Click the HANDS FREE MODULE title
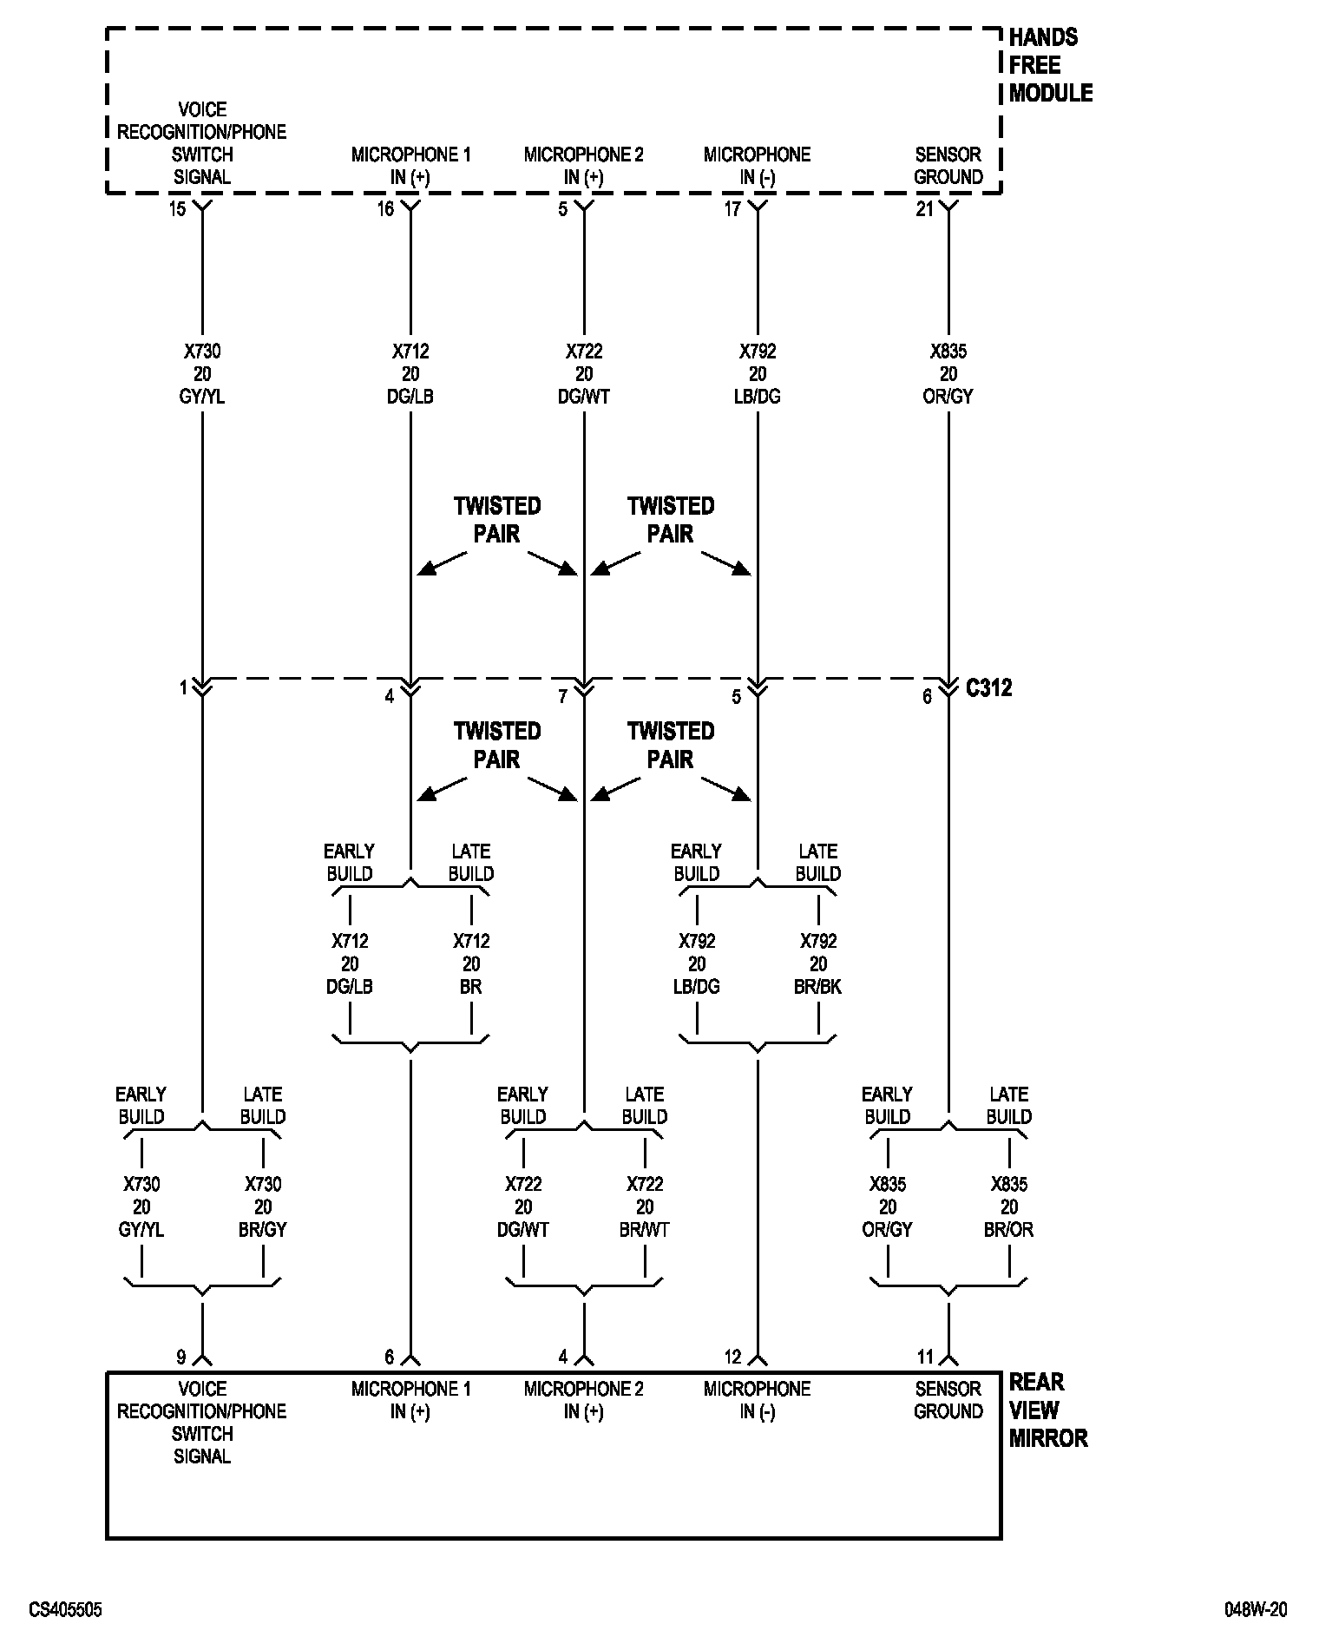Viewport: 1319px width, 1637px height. [1050, 65]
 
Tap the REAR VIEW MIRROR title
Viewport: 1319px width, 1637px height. [1047, 1410]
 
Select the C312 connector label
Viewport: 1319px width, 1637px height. [988, 688]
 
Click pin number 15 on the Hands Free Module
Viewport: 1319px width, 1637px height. [177, 209]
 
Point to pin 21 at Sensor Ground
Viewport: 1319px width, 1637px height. [925, 209]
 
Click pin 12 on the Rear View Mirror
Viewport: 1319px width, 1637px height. [733, 1357]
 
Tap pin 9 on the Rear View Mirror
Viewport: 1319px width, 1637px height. [180, 1357]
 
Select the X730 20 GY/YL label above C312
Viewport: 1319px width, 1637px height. [202, 374]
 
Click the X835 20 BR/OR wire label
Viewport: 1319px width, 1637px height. [1009, 1206]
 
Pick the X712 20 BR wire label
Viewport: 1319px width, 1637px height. [471, 963]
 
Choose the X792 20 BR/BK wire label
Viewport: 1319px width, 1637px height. [818, 963]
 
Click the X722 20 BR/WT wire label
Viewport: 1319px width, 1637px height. [645, 1206]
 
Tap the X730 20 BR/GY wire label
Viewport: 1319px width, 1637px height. [263, 1206]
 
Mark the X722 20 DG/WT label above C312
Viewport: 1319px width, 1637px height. [584, 374]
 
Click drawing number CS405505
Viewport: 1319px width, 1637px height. [65, 1610]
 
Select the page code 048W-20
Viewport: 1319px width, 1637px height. [1256, 1610]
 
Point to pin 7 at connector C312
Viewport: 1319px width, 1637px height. [562, 696]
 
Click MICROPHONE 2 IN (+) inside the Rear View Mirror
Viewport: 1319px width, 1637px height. [584, 1400]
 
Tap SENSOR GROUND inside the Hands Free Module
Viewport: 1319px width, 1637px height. [948, 166]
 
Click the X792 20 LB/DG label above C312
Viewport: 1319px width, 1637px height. [758, 374]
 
